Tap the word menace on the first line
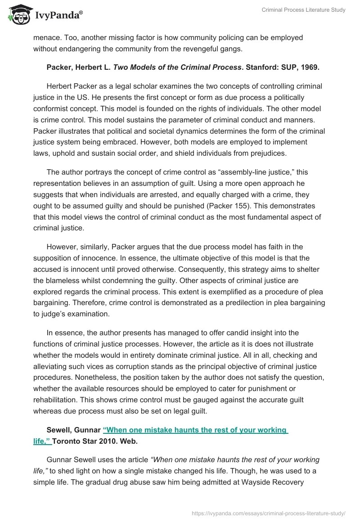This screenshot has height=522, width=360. [47, 37]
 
